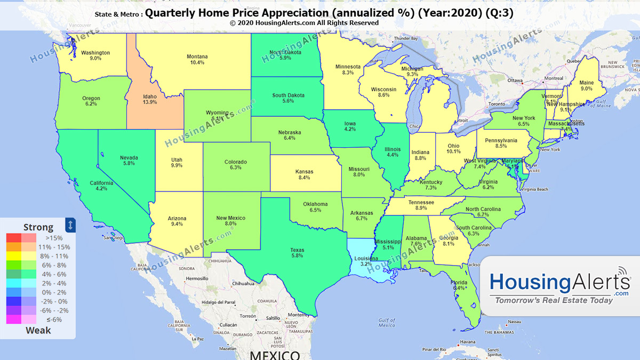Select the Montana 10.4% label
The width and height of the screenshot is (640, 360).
point(197,59)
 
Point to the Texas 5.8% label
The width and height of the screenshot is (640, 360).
point(297,252)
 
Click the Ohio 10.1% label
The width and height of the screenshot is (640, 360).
point(453,148)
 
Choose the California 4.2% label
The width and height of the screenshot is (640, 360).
point(101,185)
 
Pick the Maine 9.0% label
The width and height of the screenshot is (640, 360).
point(586,86)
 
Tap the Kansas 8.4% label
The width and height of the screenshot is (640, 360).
point(305,174)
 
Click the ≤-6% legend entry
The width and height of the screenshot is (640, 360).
point(54,319)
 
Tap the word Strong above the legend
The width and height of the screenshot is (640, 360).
point(38,227)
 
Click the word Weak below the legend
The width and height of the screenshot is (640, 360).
point(38,330)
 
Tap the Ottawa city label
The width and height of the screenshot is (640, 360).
point(515,81)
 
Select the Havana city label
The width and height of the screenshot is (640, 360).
point(468,342)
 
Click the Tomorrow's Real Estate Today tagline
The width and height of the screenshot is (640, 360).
point(554,300)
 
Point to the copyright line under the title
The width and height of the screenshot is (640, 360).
point(305,23)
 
